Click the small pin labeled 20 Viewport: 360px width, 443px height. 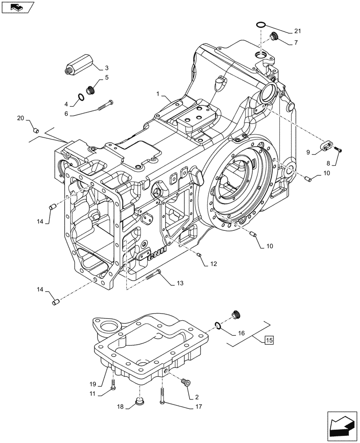pos(37,131)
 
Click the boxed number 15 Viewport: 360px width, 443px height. pos(269,340)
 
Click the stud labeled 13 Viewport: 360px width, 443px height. pos(153,275)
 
